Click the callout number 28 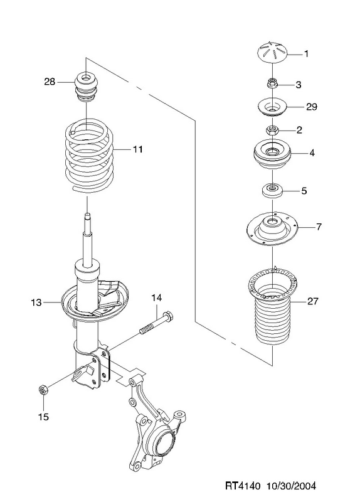pyautogui.click(x=50, y=82)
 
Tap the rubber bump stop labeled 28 pyautogui.click(x=87, y=87)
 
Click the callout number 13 pyautogui.click(x=36, y=302)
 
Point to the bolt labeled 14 pyautogui.click(x=157, y=323)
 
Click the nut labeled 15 pyautogui.click(x=43, y=390)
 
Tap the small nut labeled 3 pyautogui.click(x=272, y=84)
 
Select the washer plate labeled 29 pyautogui.click(x=272, y=108)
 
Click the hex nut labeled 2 pyautogui.click(x=272, y=131)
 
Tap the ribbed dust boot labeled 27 pyautogui.click(x=273, y=307)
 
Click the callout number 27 pyautogui.click(x=312, y=301)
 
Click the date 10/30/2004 pyautogui.click(x=290, y=486)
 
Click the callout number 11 pyautogui.click(x=137, y=149)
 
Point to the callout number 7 pyautogui.click(x=319, y=227)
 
